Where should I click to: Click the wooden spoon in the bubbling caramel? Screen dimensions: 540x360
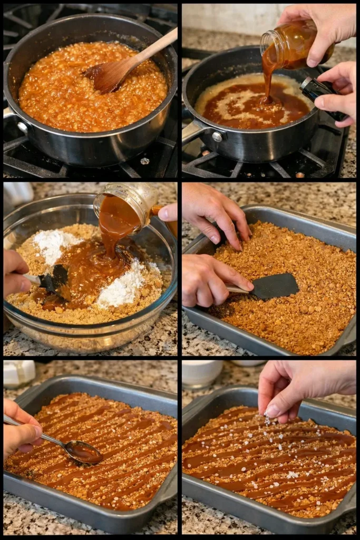[x=113, y=74]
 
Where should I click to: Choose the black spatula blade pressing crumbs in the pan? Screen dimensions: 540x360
[x=274, y=286]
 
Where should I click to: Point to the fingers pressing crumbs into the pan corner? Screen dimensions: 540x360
[x=232, y=232]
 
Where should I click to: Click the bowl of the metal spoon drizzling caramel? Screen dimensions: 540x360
[x=83, y=451]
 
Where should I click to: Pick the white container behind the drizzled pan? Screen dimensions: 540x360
[x=18, y=373]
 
